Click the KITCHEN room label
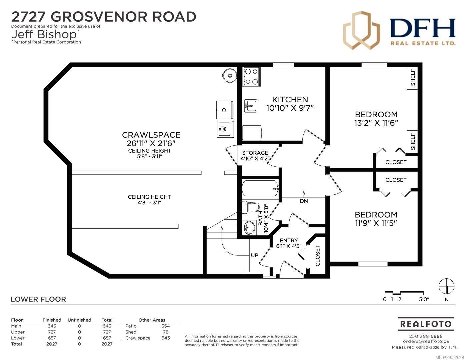290,99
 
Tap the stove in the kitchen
251,77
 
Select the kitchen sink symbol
250,106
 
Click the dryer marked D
225,110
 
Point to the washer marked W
225,129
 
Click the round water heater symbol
230,75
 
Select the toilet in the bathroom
250,207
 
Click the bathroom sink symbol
249,228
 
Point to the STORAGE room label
255,153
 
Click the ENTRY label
289,240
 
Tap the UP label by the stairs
255,255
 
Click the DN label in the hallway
304,201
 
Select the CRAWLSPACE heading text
151,135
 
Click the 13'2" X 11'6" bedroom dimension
376,123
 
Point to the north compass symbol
447,286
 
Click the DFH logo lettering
422,28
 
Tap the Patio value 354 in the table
166,326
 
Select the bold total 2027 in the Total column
107,344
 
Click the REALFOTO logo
426,324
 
